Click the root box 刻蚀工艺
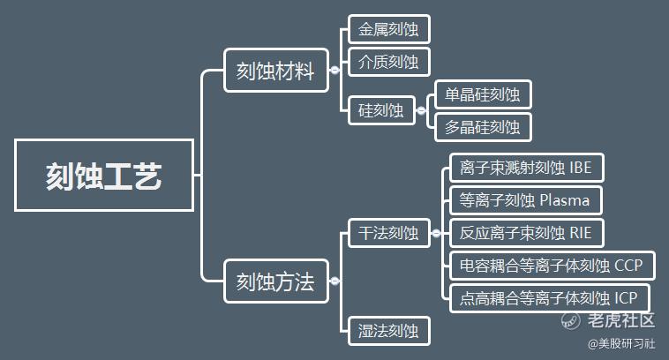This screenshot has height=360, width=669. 104,175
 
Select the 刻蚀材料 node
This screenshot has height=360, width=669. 275,71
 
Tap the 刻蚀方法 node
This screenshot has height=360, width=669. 275,282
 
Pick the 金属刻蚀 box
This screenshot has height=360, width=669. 388,29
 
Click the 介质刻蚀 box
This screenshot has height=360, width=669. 388,62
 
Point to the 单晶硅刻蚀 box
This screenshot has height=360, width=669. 483,94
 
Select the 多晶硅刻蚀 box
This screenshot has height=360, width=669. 483,126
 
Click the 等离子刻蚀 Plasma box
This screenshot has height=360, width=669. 524,199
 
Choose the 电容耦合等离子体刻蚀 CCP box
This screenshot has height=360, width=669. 552,265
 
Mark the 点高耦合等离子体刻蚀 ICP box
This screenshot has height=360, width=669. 550,297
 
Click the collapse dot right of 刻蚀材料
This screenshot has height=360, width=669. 334,71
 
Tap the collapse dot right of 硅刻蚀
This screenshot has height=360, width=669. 421,111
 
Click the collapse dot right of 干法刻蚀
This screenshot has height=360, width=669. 435,233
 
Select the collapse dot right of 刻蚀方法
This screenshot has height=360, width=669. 334,282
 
